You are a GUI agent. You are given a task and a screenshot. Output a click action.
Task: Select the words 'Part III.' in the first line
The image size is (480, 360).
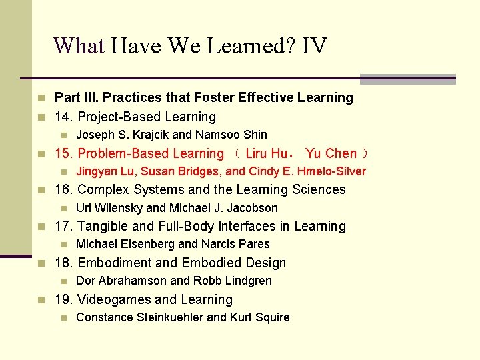tap(77, 98)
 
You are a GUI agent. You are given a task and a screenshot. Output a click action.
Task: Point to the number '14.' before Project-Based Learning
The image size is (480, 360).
tap(65, 117)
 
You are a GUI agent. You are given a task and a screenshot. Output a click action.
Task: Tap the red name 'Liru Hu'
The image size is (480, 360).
tap(265, 153)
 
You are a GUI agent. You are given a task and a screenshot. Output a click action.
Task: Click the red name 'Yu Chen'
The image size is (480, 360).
tap(331, 153)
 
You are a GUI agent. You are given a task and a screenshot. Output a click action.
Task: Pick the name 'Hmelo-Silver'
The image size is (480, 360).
tap(333, 171)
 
